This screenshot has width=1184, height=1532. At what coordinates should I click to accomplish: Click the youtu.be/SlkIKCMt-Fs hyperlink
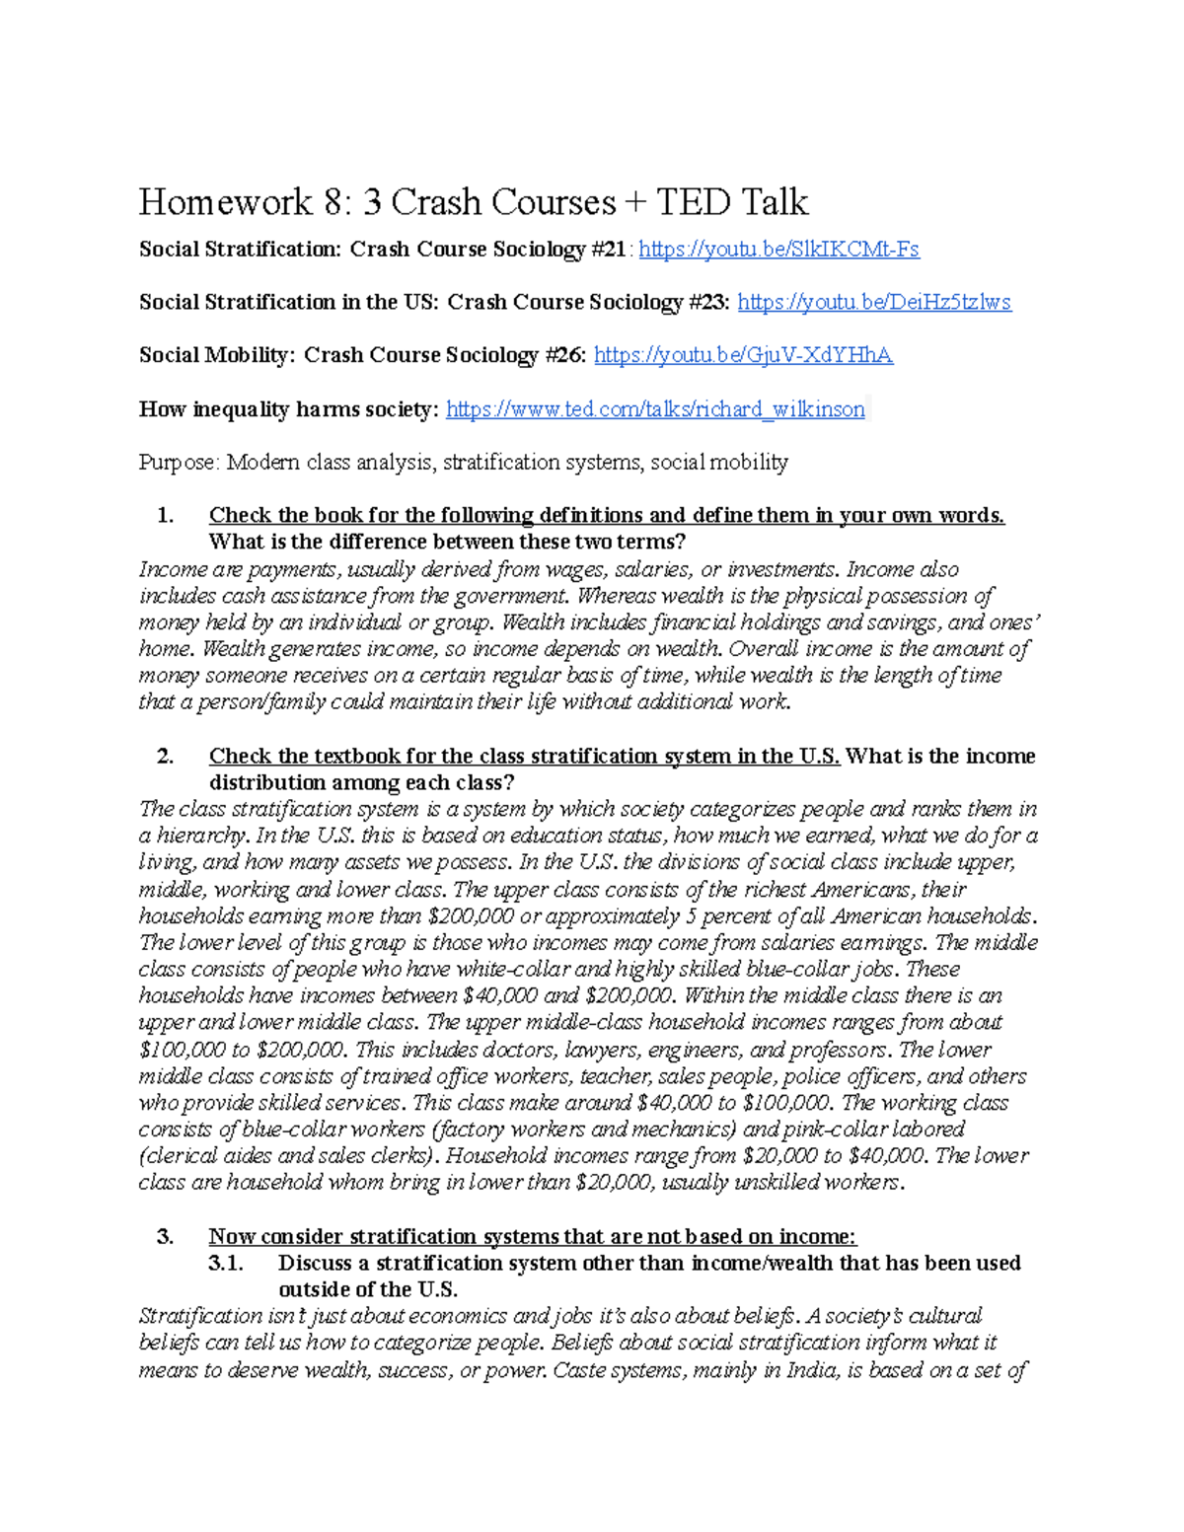tap(779, 250)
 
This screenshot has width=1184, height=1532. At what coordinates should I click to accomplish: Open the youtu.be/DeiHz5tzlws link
tap(874, 303)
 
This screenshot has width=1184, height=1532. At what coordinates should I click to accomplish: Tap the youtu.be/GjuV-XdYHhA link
tap(743, 356)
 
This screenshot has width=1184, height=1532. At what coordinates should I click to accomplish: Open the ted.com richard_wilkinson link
tap(655, 409)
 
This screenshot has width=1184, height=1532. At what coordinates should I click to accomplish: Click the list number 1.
tap(165, 516)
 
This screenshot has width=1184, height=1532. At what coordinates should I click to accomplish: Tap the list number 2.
tap(165, 757)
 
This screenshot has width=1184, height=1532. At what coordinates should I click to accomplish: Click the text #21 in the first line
tap(606, 250)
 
